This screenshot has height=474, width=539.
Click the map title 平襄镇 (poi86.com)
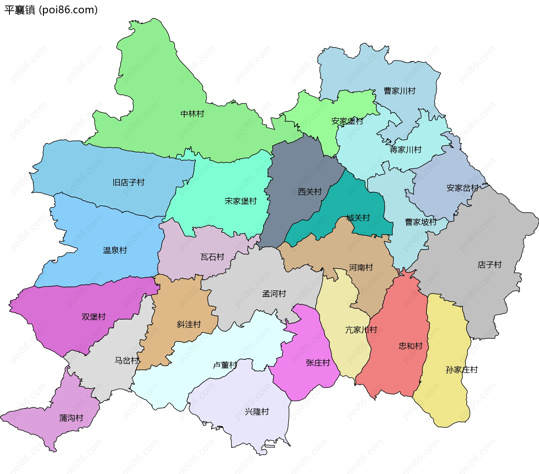[x=51, y=10]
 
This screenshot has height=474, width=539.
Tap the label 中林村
[x=192, y=114]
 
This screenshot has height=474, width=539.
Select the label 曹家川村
[x=399, y=91]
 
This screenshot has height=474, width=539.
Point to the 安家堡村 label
[x=347, y=121]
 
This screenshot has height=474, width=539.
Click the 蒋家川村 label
[x=406, y=150]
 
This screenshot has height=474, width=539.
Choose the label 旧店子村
[x=129, y=182]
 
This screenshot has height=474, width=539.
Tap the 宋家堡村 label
[x=241, y=201]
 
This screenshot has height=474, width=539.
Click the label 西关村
[x=310, y=192]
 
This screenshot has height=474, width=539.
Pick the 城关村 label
[x=358, y=218]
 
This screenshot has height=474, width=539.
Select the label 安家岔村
[x=462, y=188]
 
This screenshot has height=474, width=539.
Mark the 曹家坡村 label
[x=421, y=222]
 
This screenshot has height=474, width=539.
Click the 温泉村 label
[x=115, y=250]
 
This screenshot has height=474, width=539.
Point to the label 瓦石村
[x=213, y=257]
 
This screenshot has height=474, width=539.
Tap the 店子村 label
[x=490, y=265]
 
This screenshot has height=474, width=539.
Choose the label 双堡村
[x=93, y=317]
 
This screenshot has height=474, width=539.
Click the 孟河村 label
[x=274, y=294]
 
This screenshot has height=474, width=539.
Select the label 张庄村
[x=318, y=363]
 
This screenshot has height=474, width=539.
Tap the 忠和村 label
[x=411, y=346]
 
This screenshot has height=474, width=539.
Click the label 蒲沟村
[x=71, y=418]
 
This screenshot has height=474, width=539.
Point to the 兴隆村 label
[x=257, y=412]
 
